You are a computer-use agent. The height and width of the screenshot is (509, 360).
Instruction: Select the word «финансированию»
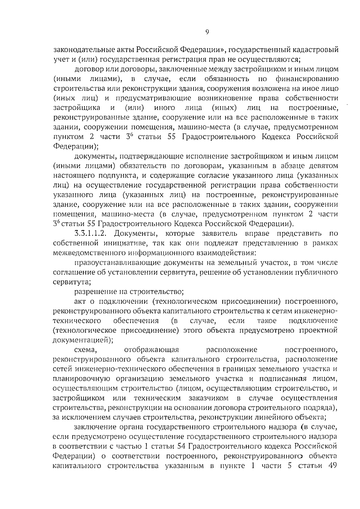pyautogui.click(x=307, y=79)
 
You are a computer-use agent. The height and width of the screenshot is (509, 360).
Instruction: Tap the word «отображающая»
pyautogui.click(x=151, y=350)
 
